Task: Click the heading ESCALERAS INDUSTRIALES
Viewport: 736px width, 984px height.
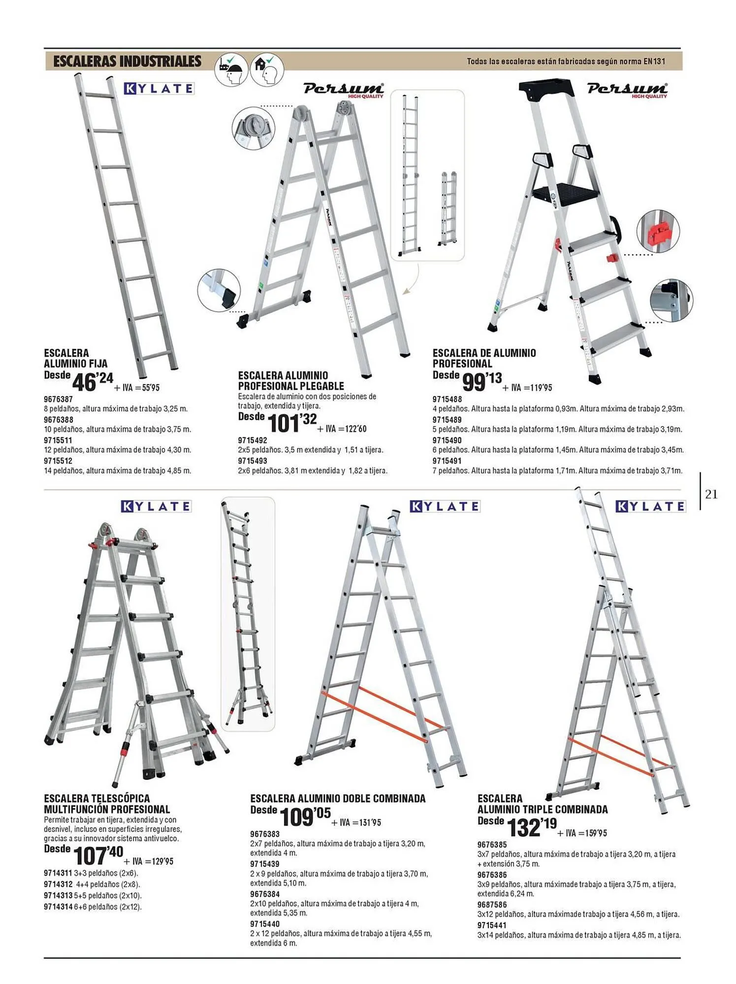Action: pyautogui.click(x=128, y=61)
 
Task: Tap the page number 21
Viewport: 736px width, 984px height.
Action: pyautogui.click(x=711, y=494)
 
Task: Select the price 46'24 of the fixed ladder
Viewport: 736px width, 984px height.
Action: pyautogui.click(x=93, y=382)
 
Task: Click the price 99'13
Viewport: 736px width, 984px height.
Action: pyautogui.click(x=482, y=382)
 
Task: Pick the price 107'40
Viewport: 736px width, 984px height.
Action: pyautogui.click(x=98, y=856)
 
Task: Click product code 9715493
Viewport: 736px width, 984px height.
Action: pyautogui.click(x=253, y=461)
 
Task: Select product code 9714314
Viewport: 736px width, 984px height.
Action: pyautogui.click(x=58, y=906)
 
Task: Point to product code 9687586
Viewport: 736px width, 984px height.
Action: pyautogui.click(x=492, y=904)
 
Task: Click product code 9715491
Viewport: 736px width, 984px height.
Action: pyautogui.click(x=447, y=461)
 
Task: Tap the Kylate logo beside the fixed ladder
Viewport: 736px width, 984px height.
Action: pyautogui.click(x=159, y=89)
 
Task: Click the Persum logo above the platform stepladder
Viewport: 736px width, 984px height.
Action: pyautogui.click(x=627, y=90)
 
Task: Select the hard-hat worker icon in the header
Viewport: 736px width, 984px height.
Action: pyautogui.click(x=231, y=70)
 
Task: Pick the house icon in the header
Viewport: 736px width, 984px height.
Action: pyautogui.click(x=267, y=70)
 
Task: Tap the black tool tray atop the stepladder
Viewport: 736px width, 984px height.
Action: pyautogui.click(x=546, y=89)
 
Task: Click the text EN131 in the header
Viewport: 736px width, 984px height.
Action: pyautogui.click(x=654, y=61)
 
